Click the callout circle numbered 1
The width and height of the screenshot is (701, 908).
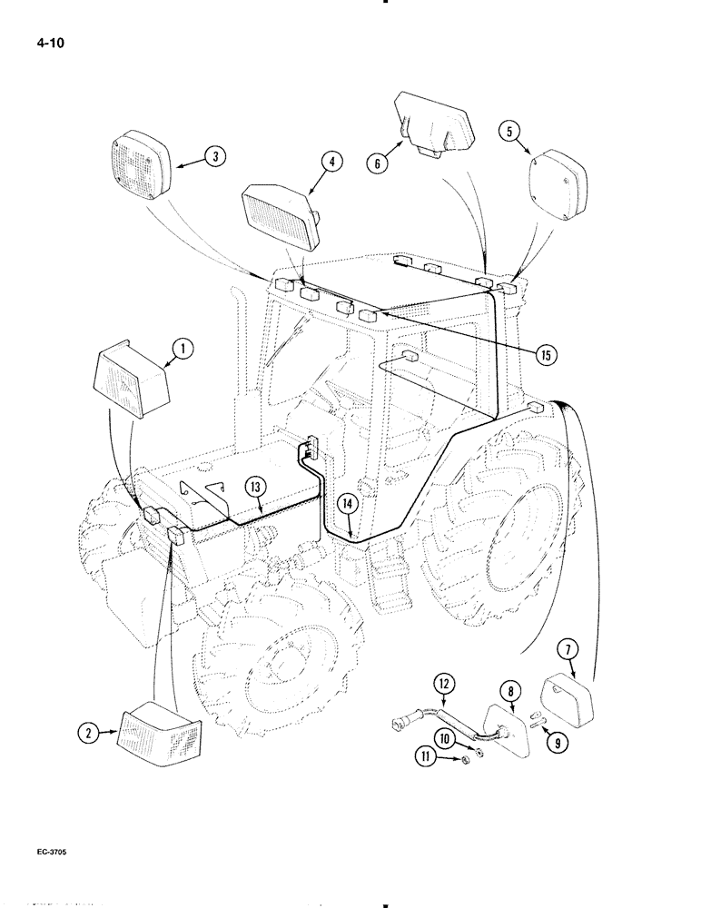pos(183,347)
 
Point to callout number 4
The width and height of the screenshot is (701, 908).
pos(331,163)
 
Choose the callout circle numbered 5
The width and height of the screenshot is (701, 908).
pos(512,132)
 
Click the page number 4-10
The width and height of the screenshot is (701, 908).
pos(30,40)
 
